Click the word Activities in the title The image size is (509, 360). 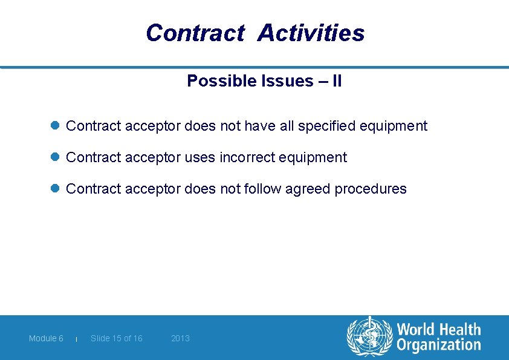coord(311,33)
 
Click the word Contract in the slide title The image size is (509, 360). coord(194,33)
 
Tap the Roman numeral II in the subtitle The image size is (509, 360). coord(336,81)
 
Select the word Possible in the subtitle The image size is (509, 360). coord(218,81)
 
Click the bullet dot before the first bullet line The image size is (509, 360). coord(54,126)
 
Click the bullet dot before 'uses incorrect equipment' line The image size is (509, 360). coord(54,157)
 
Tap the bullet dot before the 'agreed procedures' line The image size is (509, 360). coord(54,189)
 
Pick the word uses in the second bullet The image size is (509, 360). coord(201,158)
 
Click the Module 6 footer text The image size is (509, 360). coord(46,338)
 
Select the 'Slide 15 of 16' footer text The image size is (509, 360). coord(117,338)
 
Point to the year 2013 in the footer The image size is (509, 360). coord(180,338)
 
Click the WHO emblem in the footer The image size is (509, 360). coord(369,338)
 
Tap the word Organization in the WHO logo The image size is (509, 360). coord(439,345)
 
